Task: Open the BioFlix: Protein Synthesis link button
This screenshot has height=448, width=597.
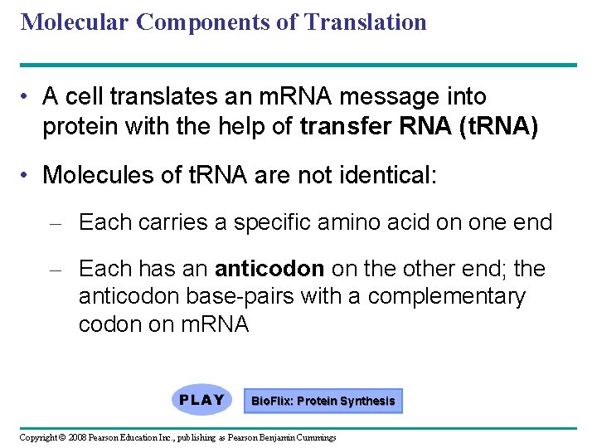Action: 323,402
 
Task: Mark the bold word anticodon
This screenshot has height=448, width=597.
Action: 269,269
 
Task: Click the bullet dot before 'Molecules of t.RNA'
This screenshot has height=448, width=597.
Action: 28,175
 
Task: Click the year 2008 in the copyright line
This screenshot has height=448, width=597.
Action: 77,437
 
